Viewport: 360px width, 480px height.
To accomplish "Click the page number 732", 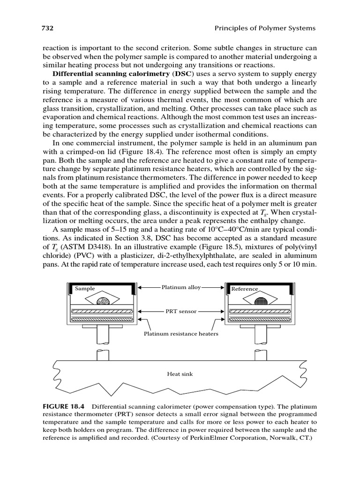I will tap(48, 29).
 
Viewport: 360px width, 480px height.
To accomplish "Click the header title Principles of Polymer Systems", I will tap(265, 29).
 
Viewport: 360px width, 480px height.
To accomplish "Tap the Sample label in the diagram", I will tap(85, 289).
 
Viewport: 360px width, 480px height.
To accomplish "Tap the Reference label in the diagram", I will tap(244, 289).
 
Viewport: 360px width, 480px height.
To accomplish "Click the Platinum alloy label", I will tap(181, 287).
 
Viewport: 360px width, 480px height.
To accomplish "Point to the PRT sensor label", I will tap(180, 311).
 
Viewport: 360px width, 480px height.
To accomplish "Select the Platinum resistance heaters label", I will tap(180, 334).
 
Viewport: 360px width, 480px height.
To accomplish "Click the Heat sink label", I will tap(180, 374).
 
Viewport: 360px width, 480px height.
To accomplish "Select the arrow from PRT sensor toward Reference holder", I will tap(211, 311).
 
